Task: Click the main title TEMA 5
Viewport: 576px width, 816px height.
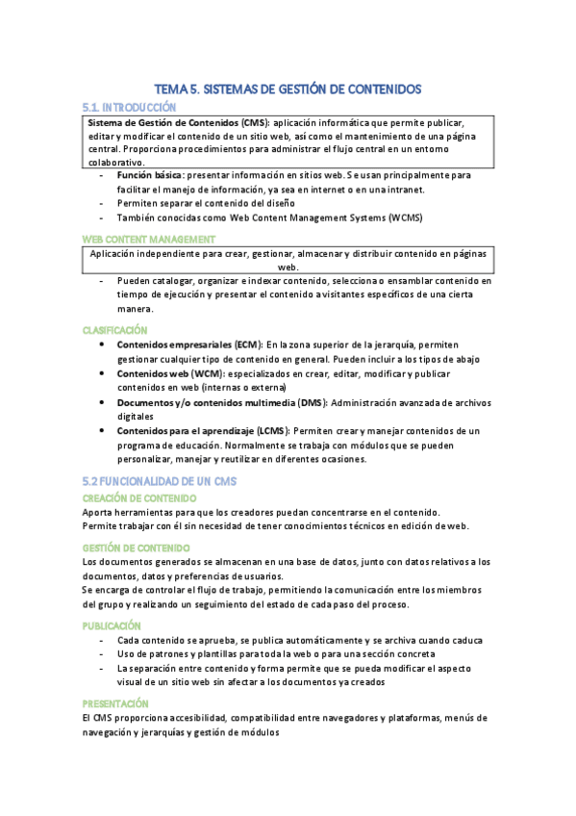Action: tap(288, 89)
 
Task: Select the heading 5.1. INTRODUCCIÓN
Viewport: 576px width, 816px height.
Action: tap(129, 107)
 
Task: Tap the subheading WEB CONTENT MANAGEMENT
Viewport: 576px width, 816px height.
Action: tap(148, 238)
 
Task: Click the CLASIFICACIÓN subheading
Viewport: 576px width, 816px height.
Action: tap(114, 330)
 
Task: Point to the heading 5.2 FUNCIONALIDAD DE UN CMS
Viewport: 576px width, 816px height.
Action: tap(159, 480)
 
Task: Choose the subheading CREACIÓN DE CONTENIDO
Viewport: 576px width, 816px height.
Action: tap(139, 497)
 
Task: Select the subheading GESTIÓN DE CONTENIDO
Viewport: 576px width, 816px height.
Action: tap(136, 548)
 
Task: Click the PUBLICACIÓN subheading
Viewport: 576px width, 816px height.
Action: tap(113, 625)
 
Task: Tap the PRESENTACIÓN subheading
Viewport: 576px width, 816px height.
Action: tap(115, 703)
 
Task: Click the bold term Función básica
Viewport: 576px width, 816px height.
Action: tap(150, 176)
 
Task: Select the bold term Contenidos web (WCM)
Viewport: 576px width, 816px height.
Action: tap(164, 373)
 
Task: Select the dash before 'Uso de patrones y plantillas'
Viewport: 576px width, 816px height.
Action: tap(103, 654)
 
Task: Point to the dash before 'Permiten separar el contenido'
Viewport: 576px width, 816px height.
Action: tap(103, 204)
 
